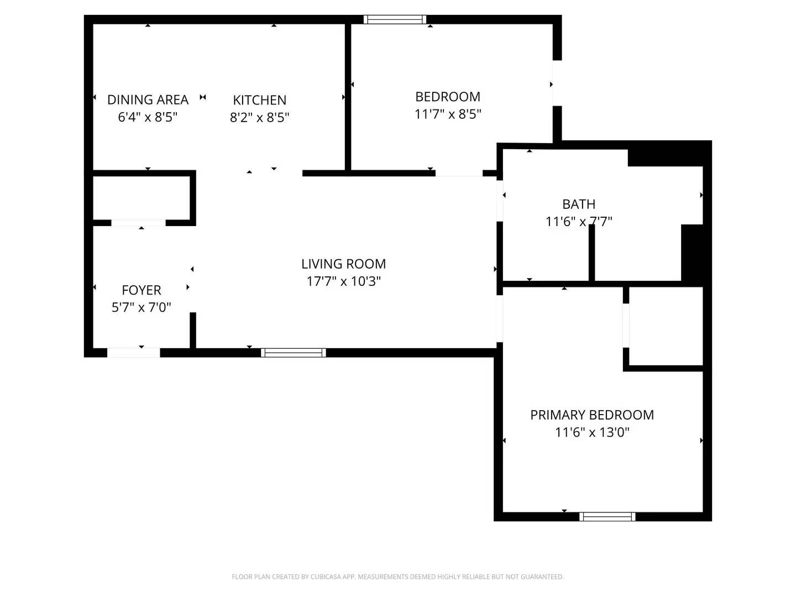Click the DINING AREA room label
pyautogui.click(x=148, y=99)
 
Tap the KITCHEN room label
pyautogui.click(x=259, y=100)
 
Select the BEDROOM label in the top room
pyautogui.click(x=448, y=97)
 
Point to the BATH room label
pyautogui.click(x=579, y=204)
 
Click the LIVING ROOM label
pyautogui.click(x=343, y=264)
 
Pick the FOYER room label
pyautogui.click(x=141, y=290)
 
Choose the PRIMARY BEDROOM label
pyautogui.click(x=592, y=415)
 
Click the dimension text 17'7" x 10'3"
pyautogui.click(x=343, y=281)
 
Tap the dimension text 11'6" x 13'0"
pyautogui.click(x=592, y=432)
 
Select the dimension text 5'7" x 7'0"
pyautogui.click(x=141, y=307)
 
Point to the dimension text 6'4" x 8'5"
pyautogui.click(x=148, y=117)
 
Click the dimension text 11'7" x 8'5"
pyautogui.click(x=448, y=114)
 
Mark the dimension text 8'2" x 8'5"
pyautogui.click(x=259, y=117)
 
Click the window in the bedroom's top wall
pyautogui.click(x=395, y=19)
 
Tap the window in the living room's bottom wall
pyautogui.click(x=294, y=353)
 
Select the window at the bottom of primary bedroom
pyautogui.click(x=607, y=516)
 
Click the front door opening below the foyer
pyautogui.click(x=133, y=353)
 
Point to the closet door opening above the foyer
pyautogui.click(x=138, y=223)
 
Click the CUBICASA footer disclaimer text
pyautogui.click(x=397, y=577)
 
